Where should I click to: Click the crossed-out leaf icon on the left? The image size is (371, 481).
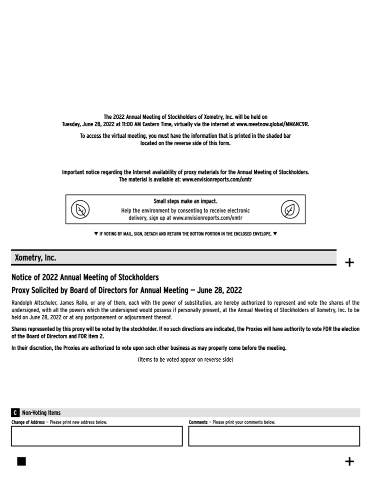coord(80,209)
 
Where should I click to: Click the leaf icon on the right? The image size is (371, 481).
coord(290,209)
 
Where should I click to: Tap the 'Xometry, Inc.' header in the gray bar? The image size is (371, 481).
coord(35,258)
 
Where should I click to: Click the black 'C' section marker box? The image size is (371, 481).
coord(15,413)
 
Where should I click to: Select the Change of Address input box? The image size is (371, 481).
coord(97,436)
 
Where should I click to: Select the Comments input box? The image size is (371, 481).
coord(274,436)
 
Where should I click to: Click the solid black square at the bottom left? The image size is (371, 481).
coord(21,461)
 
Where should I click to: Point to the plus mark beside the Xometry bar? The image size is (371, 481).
coord(349,262)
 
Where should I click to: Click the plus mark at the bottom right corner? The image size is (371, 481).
coord(349,461)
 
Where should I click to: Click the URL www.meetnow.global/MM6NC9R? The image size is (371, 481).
coord(272,124)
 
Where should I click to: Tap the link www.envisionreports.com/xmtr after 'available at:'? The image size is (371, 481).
coord(217,179)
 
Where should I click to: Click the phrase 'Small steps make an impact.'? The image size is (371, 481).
coord(185,201)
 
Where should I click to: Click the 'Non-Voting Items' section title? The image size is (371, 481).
coord(41,413)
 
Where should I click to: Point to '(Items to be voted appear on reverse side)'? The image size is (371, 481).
coord(185,359)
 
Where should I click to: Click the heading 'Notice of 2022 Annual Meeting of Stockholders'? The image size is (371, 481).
coord(85,278)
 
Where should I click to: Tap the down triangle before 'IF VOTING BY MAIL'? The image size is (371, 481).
coord(96,233)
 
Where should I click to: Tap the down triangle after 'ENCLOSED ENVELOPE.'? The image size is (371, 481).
coord(275,233)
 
